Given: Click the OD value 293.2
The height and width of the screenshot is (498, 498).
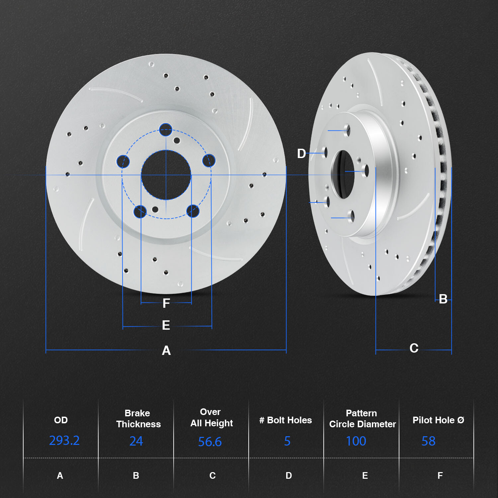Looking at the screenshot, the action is (x=64, y=441).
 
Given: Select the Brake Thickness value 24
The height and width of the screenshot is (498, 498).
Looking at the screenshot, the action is (x=136, y=441).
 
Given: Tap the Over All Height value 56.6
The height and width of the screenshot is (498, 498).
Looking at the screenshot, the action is (x=210, y=442).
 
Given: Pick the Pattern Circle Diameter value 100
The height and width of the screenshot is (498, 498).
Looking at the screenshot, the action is (x=356, y=441).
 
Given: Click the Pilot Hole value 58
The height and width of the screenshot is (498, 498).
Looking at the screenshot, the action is (x=428, y=441).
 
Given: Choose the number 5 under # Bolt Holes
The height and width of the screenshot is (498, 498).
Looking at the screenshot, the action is (x=287, y=441).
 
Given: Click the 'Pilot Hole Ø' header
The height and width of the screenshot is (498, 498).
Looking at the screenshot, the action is (x=438, y=420).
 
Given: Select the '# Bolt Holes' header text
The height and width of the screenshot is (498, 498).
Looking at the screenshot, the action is (x=286, y=420).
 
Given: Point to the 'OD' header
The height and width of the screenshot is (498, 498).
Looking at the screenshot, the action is (x=61, y=420).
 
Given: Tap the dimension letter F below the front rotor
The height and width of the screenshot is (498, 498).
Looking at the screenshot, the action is (x=166, y=303).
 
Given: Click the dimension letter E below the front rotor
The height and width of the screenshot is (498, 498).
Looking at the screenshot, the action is (x=166, y=325).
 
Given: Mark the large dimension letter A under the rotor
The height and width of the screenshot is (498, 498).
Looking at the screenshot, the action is (x=166, y=351).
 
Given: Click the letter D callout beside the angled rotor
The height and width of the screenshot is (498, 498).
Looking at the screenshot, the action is (x=301, y=153).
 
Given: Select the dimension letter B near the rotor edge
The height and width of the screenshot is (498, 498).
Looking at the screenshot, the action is (x=443, y=299).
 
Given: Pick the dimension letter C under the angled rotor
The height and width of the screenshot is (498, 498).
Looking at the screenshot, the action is (x=414, y=348).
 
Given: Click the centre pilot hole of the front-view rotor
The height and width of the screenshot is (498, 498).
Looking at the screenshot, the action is (x=166, y=175).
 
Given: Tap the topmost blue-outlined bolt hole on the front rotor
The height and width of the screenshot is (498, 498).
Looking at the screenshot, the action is (x=165, y=130).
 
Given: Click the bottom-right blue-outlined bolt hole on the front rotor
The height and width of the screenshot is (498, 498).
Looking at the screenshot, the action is (x=193, y=211).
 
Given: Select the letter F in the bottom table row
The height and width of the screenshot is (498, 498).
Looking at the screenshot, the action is (x=440, y=476).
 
